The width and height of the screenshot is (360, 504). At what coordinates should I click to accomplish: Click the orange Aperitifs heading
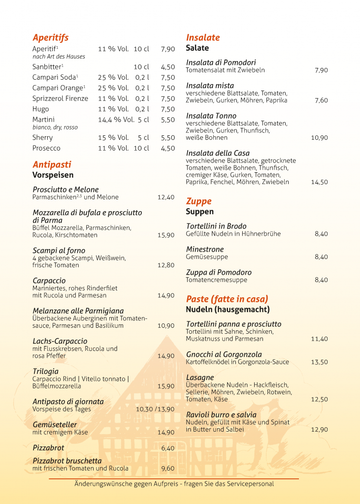50,38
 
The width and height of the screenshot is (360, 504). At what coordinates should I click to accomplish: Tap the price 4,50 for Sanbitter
167,67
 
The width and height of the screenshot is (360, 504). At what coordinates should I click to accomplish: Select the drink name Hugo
41,109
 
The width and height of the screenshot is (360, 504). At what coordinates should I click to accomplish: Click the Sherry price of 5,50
167,138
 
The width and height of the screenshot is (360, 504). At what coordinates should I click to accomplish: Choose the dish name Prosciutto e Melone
65,189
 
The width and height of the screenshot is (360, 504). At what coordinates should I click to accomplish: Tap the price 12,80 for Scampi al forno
166,265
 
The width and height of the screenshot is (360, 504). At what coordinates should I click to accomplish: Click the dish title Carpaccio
49,281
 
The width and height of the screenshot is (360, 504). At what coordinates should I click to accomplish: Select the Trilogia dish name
45,371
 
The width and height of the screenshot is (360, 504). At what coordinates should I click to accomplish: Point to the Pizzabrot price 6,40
167,448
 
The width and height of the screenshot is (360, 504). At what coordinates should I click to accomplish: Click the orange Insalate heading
203,37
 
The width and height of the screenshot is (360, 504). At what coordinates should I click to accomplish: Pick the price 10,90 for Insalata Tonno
319,138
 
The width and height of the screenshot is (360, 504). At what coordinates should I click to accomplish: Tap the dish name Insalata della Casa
218,153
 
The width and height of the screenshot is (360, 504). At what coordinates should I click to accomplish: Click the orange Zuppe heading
198,201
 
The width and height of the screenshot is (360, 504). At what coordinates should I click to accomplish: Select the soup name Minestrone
205,250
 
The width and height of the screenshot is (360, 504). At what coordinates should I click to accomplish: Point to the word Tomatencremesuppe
216,280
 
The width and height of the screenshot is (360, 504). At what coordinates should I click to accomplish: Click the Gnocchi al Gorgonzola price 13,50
319,362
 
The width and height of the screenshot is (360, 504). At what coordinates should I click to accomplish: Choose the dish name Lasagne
200,378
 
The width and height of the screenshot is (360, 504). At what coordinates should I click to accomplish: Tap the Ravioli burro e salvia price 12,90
319,430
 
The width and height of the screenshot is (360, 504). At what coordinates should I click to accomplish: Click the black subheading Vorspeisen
53,175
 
